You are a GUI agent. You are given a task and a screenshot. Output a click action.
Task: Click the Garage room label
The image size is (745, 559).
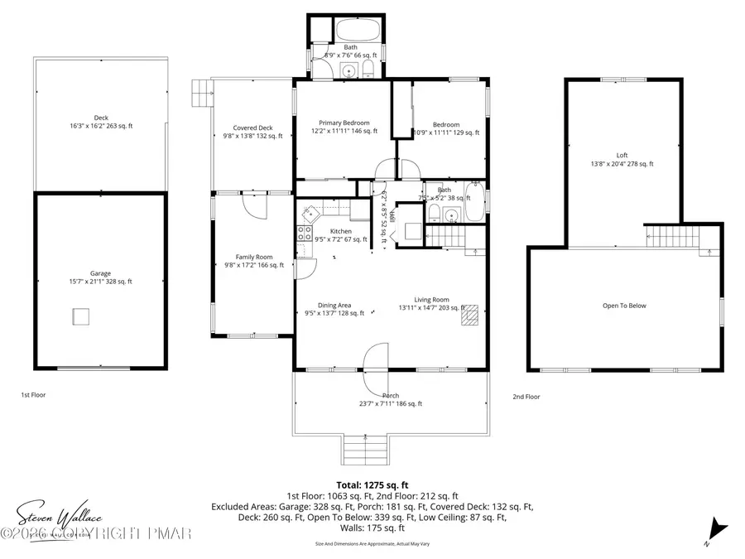tap(100, 277)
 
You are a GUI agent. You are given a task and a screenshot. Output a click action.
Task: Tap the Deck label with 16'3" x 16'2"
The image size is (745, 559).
tap(100, 123)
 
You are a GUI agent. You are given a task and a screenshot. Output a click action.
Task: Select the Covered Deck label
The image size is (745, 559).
tap(252, 132)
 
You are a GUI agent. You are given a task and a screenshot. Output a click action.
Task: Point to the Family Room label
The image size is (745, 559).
tap(252, 261)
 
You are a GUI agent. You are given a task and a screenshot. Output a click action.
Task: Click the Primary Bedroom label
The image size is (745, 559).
tap(344, 127)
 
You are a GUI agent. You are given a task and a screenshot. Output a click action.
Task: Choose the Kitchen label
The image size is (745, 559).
tap(340, 235)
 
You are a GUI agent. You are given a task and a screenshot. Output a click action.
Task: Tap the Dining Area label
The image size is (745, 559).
tap(334, 309)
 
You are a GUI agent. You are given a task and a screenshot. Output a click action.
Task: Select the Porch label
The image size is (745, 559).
tap(391, 400)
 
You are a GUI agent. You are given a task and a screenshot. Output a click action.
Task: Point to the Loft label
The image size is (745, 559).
tap(622, 159)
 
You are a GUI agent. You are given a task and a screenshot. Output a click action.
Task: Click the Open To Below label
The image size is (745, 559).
tap(624, 306)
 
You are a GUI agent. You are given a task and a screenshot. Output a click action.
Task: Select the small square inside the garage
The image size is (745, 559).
tap(80, 317)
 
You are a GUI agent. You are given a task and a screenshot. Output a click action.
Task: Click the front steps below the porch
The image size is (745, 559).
tap(359, 451)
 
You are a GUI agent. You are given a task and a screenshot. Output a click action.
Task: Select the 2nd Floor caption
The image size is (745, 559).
tap(526, 397)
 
